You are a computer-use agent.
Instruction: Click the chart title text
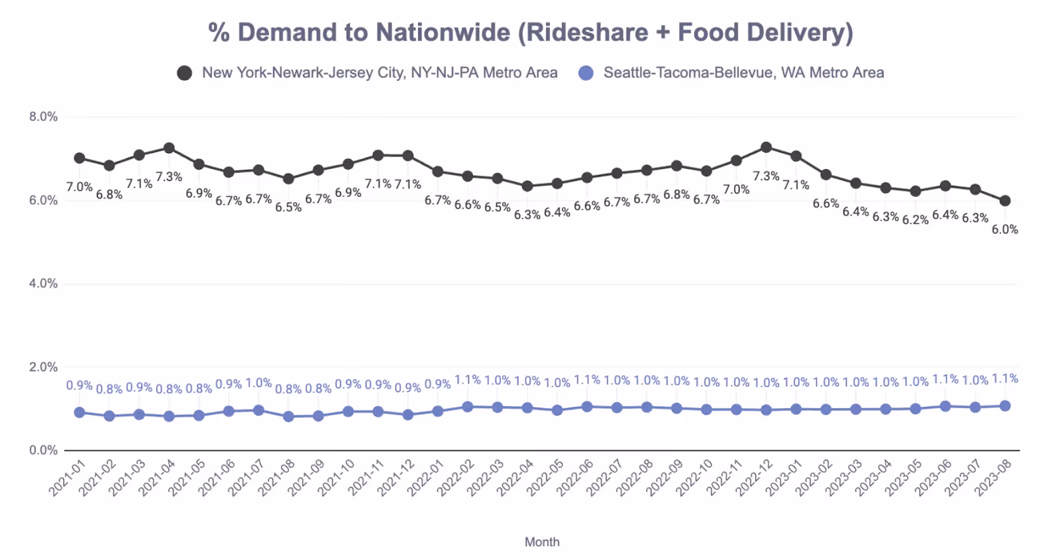[x=530, y=32]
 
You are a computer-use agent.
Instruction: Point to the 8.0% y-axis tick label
[x=43, y=117]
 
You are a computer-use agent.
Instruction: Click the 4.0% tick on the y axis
[x=43, y=284]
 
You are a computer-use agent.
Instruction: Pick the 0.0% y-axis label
[x=43, y=451]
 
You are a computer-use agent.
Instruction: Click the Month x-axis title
[x=542, y=542]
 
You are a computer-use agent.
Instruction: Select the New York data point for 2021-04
[x=169, y=148]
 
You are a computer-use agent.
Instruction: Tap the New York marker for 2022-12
[x=766, y=147]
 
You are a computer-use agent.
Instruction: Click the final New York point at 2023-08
[x=1005, y=201]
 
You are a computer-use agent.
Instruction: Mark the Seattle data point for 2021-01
[x=79, y=412]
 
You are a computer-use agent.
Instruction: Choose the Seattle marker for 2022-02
[x=468, y=407]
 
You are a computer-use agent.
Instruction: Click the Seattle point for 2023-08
[x=1005, y=406]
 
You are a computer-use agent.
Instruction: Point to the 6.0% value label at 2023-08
[x=1004, y=229]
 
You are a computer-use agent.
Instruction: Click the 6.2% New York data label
[x=915, y=220]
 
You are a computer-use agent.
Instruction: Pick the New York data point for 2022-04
[x=527, y=186]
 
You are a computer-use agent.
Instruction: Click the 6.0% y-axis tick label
[x=43, y=200]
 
